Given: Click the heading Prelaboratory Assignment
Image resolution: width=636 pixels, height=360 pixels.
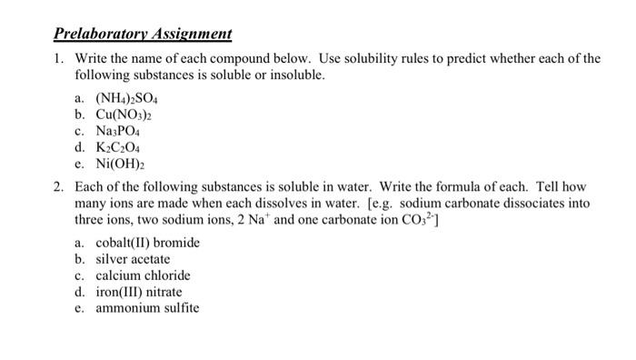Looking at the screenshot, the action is pyautogui.click(x=142, y=35).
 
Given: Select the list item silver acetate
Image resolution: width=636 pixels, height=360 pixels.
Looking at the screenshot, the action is pyautogui.click(x=133, y=259).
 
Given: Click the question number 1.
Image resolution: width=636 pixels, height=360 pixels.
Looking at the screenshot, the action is pyautogui.click(x=58, y=59).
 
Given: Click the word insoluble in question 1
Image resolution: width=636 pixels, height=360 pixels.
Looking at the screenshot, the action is pyautogui.click(x=294, y=75).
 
